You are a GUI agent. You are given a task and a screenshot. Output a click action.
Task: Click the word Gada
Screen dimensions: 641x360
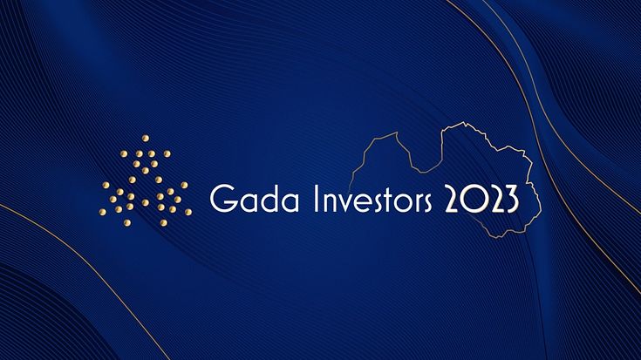point(255,198)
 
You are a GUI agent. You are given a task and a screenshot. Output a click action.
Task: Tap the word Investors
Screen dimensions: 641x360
point(373,199)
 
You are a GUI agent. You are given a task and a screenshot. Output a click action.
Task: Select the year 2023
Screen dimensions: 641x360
point(481,199)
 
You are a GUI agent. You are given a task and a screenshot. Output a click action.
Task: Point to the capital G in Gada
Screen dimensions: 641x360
point(222,199)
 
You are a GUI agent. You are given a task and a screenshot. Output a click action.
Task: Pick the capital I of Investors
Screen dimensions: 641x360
point(316,199)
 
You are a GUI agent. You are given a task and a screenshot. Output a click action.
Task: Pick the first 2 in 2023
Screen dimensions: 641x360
point(453,199)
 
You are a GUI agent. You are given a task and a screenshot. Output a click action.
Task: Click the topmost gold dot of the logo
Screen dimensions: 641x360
point(146,138)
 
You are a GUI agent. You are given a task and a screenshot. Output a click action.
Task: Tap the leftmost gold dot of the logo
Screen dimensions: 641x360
point(103,212)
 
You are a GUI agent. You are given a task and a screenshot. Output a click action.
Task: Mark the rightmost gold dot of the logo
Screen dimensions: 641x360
point(188,212)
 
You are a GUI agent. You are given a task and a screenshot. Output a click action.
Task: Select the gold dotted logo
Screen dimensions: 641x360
point(145,180)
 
